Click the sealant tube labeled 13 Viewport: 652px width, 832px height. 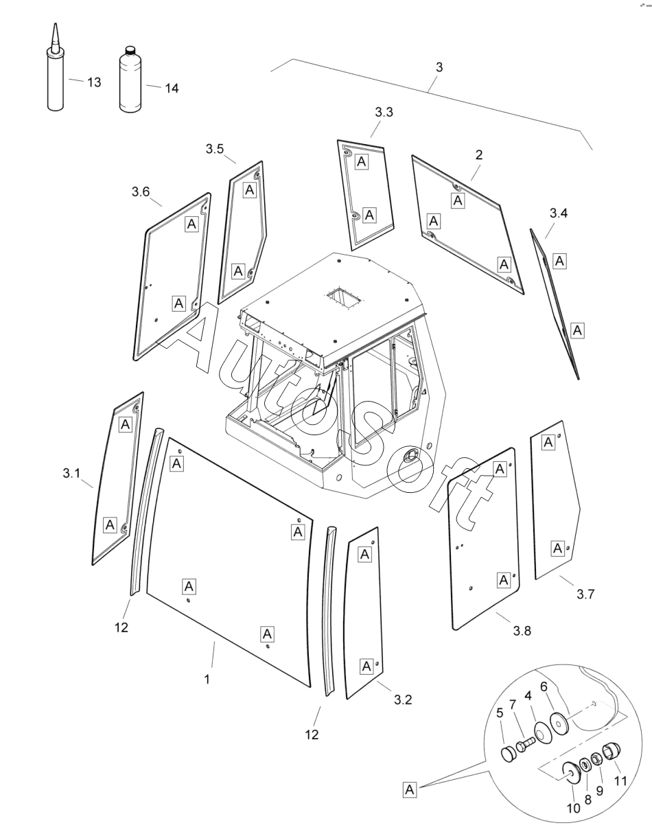coord(55,79)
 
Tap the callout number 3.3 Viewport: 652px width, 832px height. coord(384,113)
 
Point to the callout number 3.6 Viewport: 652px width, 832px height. coord(141,192)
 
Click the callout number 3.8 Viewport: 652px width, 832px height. coord(522,631)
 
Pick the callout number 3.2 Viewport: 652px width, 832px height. coord(403,700)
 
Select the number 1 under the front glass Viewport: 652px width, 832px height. coord(207,679)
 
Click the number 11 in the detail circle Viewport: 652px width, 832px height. coord(620,780)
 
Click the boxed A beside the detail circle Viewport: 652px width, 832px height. coord(410,789)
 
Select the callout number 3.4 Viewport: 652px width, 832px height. coord(559,213)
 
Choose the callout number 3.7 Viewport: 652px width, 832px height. coord(585,594)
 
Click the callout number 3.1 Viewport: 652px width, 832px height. coord(71,473)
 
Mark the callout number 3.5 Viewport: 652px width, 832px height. coord(215,149)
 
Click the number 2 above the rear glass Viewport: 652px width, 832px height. coord(478,154)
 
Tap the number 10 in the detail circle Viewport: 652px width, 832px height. coord(573,808)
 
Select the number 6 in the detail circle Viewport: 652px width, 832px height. coord(544,686)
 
